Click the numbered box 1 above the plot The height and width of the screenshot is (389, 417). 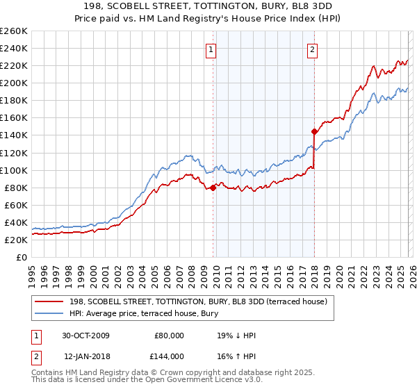(x=211, y=49)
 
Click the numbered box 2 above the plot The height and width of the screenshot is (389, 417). (x=313, y=49)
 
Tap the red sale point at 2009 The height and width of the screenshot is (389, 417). (x=213, y=188)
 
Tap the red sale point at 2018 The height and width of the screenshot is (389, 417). (x=314, y=131)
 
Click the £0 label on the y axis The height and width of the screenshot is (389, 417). (x=21, y=257)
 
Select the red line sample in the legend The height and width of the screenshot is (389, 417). (x=49, y=301)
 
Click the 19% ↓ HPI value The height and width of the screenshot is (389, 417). (x=236, y=336)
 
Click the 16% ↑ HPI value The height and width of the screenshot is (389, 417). (x=236, y=356)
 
